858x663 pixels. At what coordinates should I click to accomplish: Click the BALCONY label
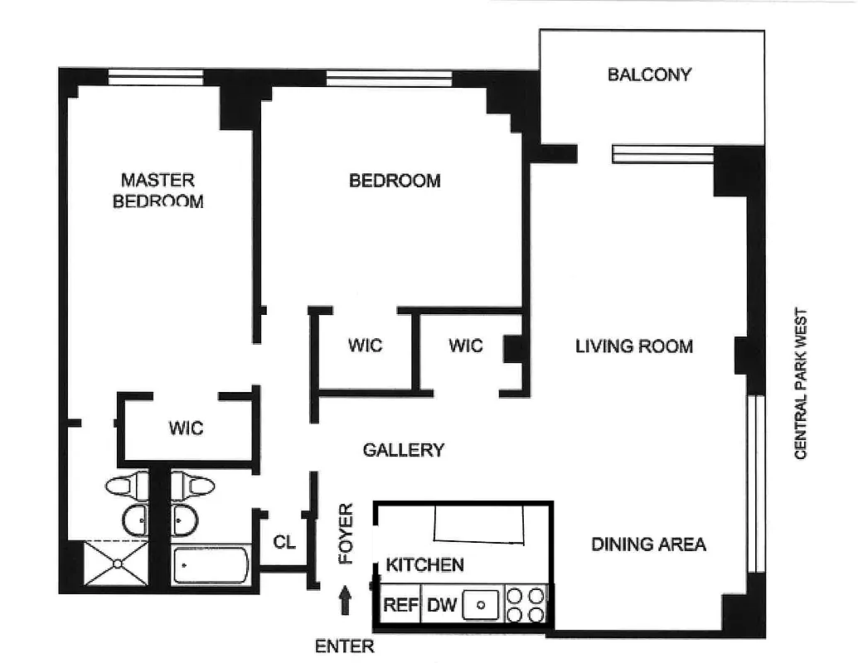(649, 75)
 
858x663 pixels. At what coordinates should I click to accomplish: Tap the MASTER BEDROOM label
(158, 191)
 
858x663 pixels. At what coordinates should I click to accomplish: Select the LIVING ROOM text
(634, 346)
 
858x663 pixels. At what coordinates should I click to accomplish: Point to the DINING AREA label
(648, 544)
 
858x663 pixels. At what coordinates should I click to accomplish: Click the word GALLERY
(404, 450)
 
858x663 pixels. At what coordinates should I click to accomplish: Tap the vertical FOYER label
(346, 534)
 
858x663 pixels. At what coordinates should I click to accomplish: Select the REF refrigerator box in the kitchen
(400, 605)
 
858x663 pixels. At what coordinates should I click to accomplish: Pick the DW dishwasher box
(441, 605)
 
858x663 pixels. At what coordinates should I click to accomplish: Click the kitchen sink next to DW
(479, 605)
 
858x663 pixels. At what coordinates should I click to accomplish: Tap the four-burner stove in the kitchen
(526, 605)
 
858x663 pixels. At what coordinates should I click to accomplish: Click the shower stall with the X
(116, 564)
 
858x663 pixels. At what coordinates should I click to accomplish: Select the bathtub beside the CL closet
(211, 566)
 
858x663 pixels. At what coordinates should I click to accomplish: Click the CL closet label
(284, 543)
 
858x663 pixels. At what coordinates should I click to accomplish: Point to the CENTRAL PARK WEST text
(801, 384)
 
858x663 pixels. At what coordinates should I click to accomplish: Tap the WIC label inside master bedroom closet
(186, 428)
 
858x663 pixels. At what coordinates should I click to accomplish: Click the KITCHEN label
(424, 565)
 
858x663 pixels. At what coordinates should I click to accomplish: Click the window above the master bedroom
(156, 79)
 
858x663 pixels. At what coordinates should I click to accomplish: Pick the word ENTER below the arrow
(344, 646)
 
